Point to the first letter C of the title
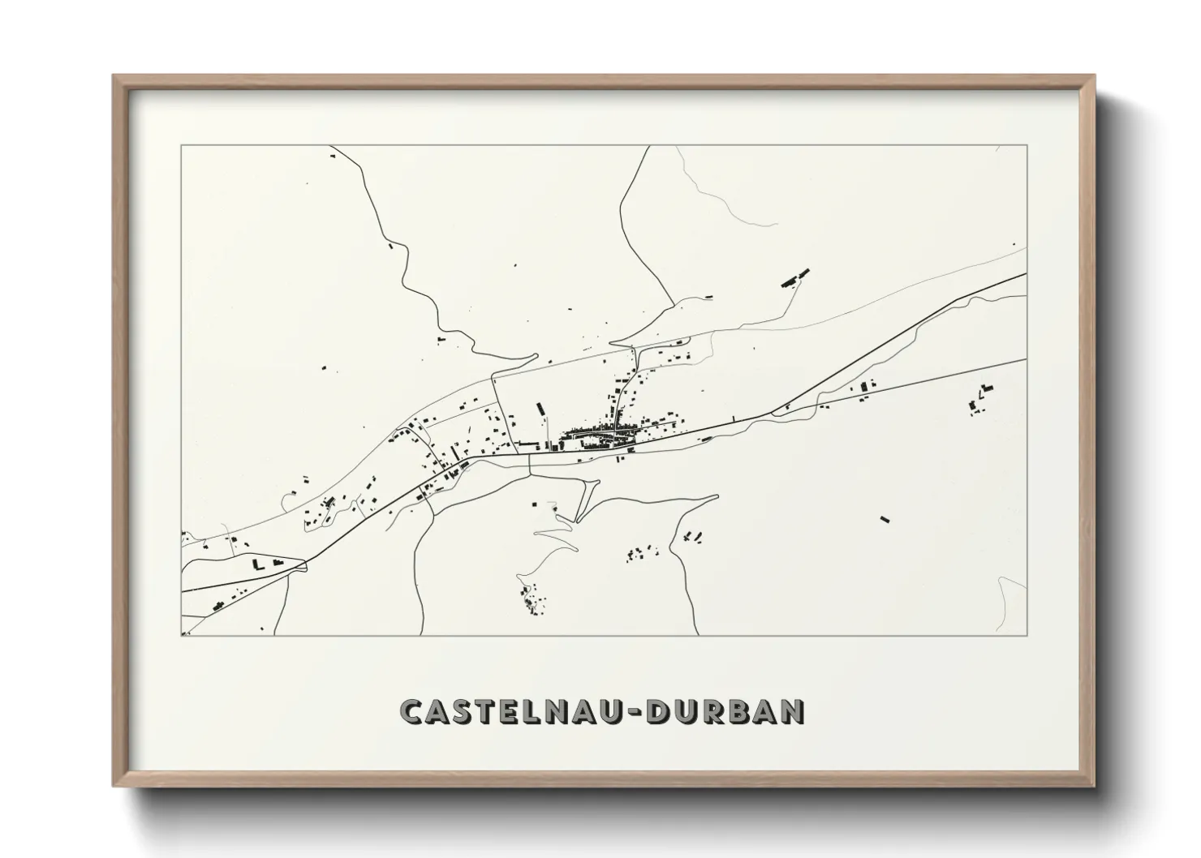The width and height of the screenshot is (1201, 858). pos(412,711)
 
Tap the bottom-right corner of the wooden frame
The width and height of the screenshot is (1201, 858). pos(1093,784)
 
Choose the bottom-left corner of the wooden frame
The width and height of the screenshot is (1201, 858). pos(114,784)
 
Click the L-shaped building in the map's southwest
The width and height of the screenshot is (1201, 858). pos(258,564)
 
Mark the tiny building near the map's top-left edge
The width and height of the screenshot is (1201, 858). pos(331,153)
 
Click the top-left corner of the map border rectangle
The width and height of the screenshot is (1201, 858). pos(181,145)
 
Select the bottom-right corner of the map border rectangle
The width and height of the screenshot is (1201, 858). pos(1027,635)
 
